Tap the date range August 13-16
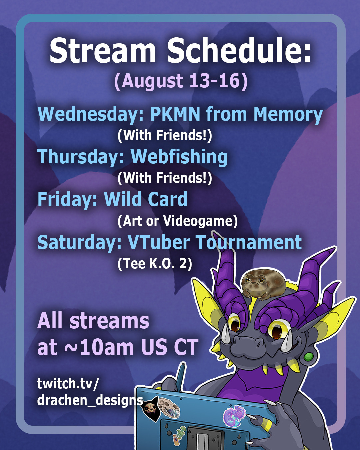(x=181, y=81)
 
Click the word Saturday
(x=79, y=242)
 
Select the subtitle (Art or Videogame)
(x=177, y=221)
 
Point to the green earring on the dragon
(x=309, y=357)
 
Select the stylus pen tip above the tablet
(x=183, y=364)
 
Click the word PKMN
(x=175, y=114)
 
